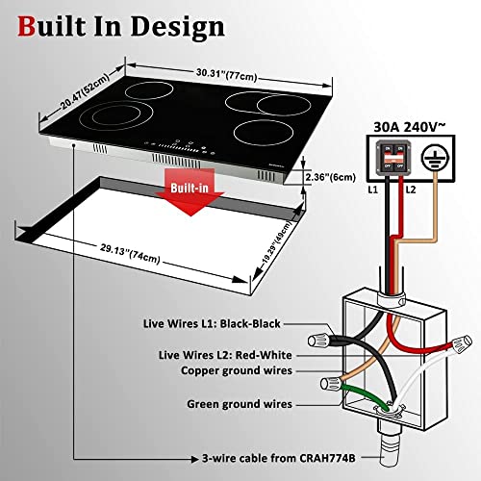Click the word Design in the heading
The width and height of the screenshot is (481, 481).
coord(179,26)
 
